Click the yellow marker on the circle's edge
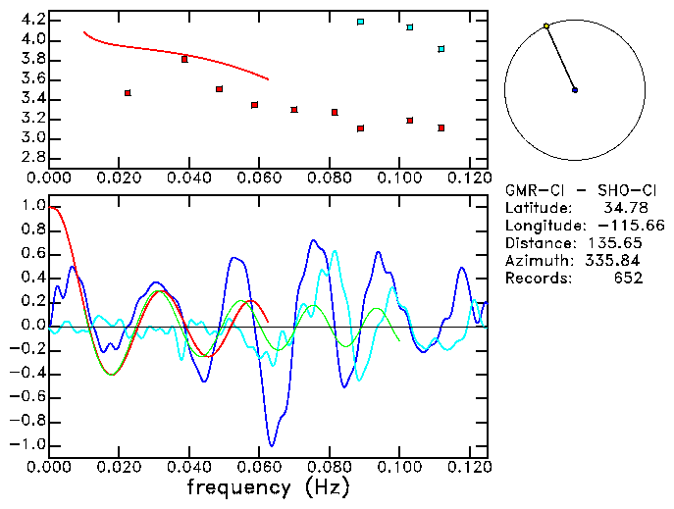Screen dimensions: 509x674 [x=546, y=26]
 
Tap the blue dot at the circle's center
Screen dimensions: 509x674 [x=575, y=90]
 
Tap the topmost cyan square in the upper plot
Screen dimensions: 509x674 [x=361, y=22]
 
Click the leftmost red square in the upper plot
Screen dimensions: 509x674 [x=128, y=93]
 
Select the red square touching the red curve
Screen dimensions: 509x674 [x=184, y=59]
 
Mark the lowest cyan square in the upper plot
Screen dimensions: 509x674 [x=441, y=49]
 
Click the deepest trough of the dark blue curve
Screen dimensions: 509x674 [x=272, y=444]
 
